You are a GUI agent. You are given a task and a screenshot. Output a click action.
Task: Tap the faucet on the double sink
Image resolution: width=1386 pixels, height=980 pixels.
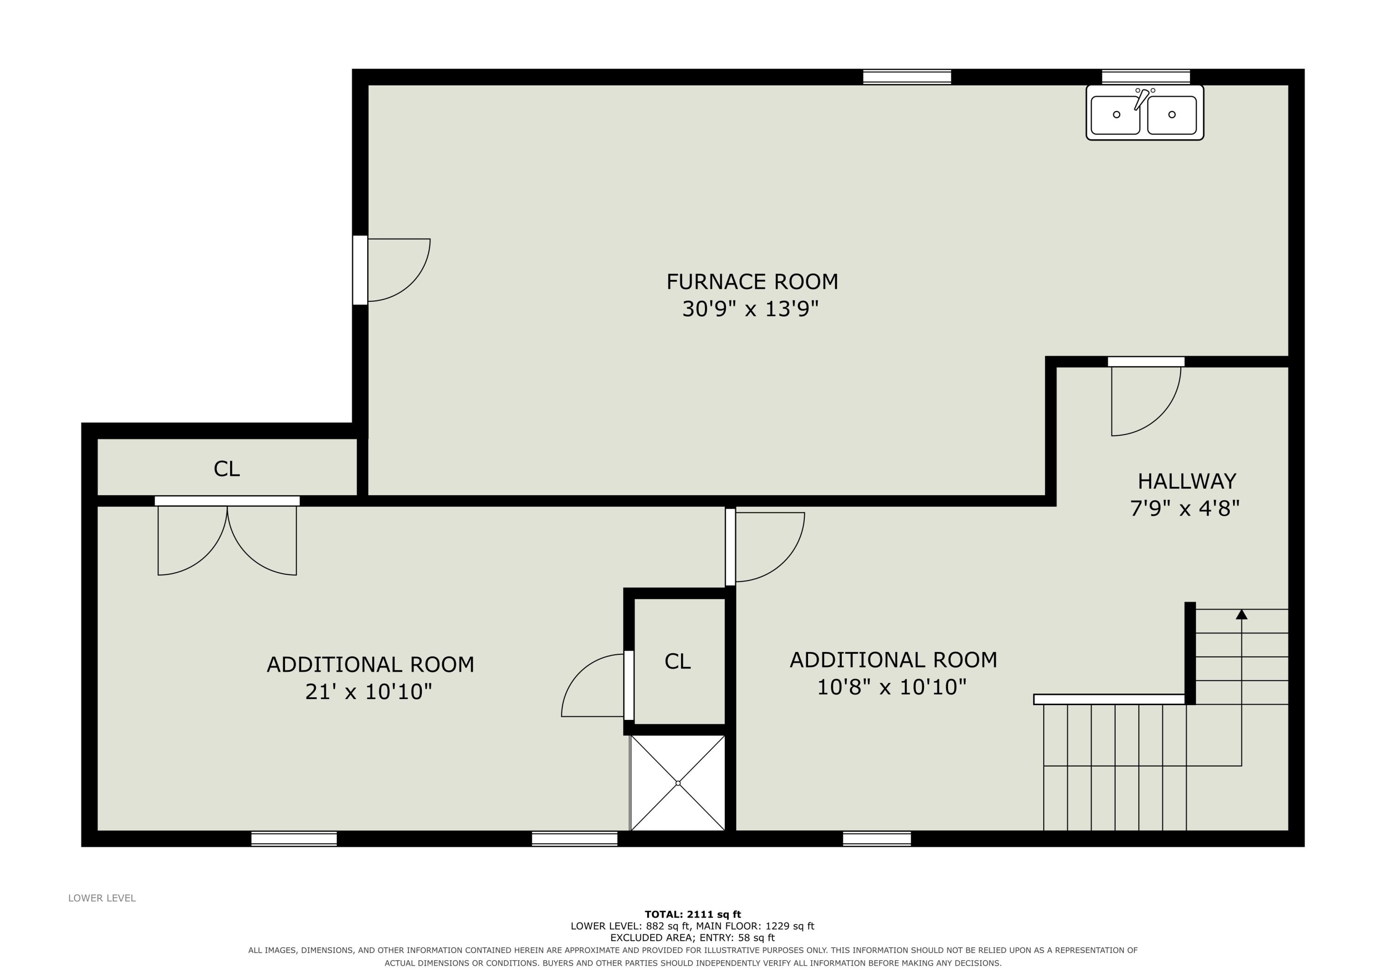click(1142, 98)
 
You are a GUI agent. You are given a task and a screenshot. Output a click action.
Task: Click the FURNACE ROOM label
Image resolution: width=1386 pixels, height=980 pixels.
click(752, 281)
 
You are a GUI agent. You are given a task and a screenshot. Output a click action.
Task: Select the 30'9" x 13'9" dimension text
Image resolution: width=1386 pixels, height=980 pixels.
click(750, 309)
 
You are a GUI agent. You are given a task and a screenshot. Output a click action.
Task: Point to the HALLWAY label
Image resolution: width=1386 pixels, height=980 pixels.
click(1187, 481)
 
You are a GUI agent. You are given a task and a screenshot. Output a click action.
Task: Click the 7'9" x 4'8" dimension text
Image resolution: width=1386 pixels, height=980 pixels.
click(1185, 508)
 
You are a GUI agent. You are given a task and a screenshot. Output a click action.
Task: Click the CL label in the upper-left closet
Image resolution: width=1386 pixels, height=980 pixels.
click(227, 469)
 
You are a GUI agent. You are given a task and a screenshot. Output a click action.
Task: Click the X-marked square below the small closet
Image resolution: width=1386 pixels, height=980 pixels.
click(678, 783)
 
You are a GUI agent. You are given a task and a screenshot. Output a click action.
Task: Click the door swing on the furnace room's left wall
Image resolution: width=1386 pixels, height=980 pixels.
click(398, 269)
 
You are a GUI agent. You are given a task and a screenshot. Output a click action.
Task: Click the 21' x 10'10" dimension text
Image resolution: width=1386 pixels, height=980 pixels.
click(369, 691)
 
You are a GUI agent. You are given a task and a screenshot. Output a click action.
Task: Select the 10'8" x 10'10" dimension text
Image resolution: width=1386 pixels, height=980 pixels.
click(892, 687)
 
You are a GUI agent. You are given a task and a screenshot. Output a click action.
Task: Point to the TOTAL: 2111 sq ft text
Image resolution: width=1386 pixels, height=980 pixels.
click(693, 914)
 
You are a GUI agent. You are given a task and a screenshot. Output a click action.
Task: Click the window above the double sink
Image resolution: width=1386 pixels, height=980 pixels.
click(1146, 77)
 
